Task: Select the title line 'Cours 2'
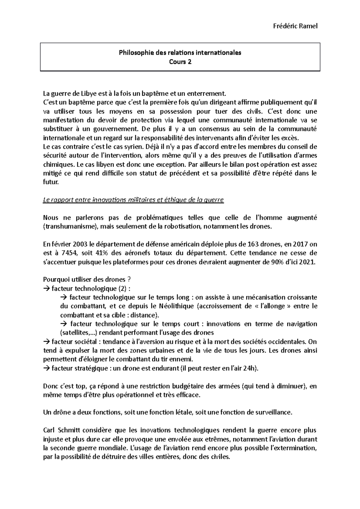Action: click(x=180, y=62)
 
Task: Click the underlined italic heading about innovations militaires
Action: click(x=133, y=200)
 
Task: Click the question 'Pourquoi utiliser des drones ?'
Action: click(x=87, y=280)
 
